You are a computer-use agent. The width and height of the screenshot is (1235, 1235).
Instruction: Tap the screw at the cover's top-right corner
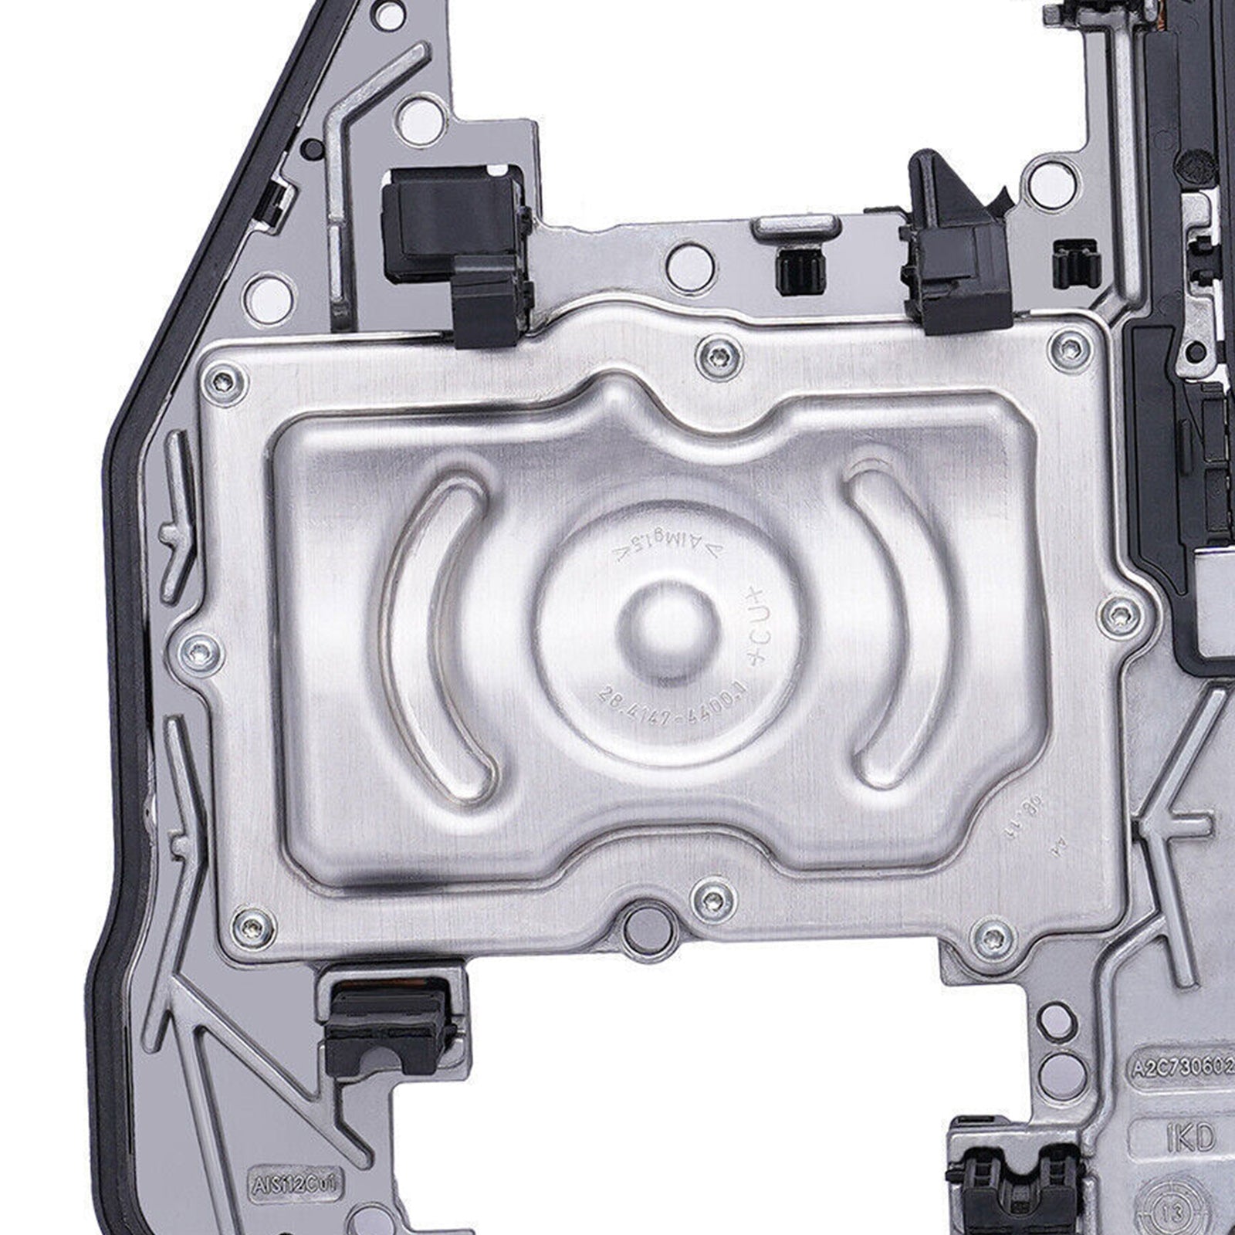(1070, 347)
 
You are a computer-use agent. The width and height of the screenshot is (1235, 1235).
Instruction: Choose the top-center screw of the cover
(719, 356)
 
